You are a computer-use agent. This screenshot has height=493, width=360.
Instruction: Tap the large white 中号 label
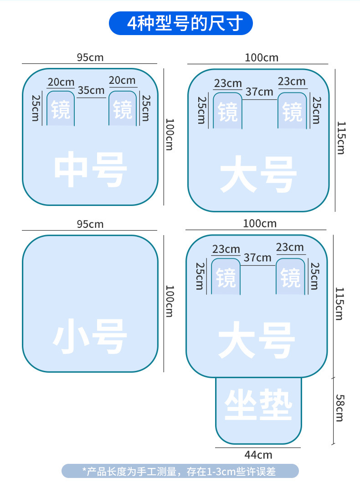coord(90,170)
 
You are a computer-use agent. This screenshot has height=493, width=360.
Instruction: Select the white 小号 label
coord(90,337)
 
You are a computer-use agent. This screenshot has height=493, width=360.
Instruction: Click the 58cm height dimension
coord(339,408)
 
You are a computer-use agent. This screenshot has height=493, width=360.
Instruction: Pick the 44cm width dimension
coord(258,455)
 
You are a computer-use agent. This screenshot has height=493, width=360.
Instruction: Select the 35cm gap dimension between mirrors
coord(91,90)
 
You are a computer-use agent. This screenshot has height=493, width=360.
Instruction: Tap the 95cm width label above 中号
coord(90,57)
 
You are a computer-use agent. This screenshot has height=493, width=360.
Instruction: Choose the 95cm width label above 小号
coord(90,224)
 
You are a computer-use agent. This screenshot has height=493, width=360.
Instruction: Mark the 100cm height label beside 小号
coord(169,301)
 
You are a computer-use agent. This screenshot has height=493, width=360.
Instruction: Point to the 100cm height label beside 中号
coord(169,135)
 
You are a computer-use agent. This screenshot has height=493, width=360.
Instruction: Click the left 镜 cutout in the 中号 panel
coord(60,110)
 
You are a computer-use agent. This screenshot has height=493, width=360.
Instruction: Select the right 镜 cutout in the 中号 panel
coord(123,110)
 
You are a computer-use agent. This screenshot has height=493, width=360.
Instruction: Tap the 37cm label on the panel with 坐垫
coord(257,257)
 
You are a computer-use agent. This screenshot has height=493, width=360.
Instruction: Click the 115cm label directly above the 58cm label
coord(339,303)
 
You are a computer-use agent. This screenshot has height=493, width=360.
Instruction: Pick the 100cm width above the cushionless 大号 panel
coord(262,58)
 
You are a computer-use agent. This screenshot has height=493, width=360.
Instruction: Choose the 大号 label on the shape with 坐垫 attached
coord(257,340)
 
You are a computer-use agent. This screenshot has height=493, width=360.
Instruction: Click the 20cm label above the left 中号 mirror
coord(61,82)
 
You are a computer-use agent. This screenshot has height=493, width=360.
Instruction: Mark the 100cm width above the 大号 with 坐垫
coord(260,224)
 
